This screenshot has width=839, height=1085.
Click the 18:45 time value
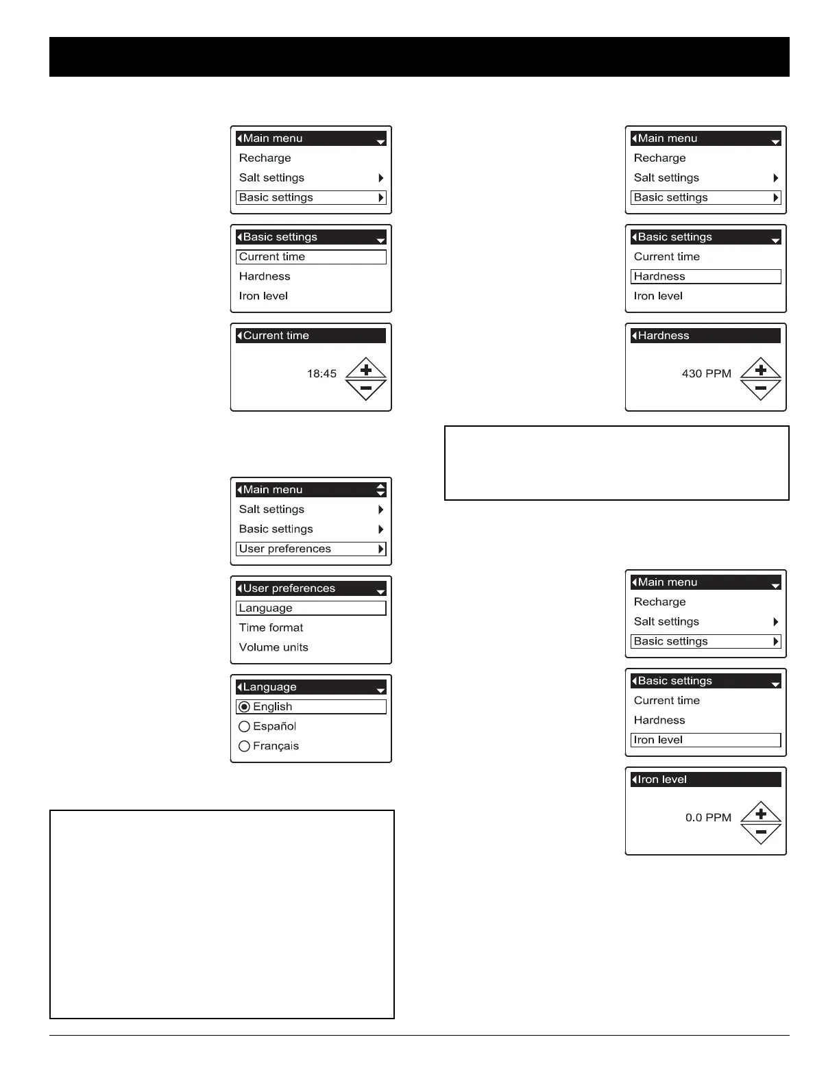click(321, 373)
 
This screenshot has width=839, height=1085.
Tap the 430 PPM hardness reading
click(706, 373)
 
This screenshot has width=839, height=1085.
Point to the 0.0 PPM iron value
click(708, 817)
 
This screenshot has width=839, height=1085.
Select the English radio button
click(244, 707)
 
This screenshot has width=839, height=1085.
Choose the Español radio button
click(244, 727)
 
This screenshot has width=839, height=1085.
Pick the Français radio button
click(244, 747)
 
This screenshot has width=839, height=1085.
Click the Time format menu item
click(271, 627)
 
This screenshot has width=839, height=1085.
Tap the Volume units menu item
click(273, 647)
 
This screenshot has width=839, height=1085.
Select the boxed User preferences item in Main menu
click(311, 549)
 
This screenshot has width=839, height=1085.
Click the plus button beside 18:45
click(366, 369)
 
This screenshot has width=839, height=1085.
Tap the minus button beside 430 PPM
click(761, 389)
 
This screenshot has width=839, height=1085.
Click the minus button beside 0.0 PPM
click(761, 833)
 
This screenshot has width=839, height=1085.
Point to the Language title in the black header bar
click(269, 687)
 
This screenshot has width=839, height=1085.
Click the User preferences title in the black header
click(289, 588)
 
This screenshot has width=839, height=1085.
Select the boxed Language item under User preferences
click(311, 608)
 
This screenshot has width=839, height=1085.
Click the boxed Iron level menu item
click(705, 740)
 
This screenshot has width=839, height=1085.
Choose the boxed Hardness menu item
click(705, 276)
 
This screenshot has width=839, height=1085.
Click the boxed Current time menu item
click(311, 257)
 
